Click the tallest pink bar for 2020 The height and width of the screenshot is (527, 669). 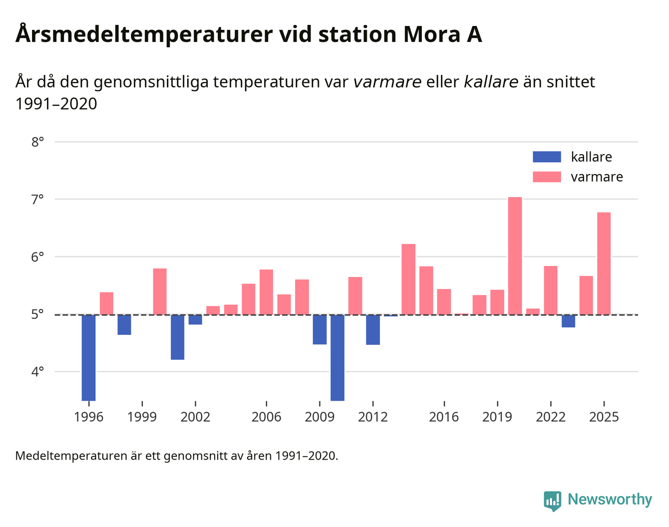[515, 256]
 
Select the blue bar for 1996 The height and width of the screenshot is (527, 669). [88, 357]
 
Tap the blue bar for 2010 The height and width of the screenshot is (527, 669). [337, 357]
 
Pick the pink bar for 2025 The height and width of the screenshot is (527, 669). [604, 263]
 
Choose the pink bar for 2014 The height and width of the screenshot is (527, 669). [408, 279]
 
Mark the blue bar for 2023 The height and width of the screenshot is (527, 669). [568, 321]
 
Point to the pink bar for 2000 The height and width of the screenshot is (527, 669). [160, 291]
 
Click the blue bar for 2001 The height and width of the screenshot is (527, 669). [177, 337]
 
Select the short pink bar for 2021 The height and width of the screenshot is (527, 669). [533, 311]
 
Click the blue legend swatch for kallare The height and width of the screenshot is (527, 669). [547, 157]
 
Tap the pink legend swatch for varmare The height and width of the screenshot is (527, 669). [547, 177]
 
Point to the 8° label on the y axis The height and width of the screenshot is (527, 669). [37, 142]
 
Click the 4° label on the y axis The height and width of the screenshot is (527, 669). [37, 372]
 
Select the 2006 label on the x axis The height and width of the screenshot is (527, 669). [266, 417]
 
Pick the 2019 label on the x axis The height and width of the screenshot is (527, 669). [497, 417]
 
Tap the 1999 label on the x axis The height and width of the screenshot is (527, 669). [142, 417]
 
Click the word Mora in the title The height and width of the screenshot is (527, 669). [431, 35]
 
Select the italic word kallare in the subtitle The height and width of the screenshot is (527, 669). [491, 82]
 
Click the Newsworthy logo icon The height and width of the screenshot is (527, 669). [552, 501]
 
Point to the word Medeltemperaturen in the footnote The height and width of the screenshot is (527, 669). [71, 456]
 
